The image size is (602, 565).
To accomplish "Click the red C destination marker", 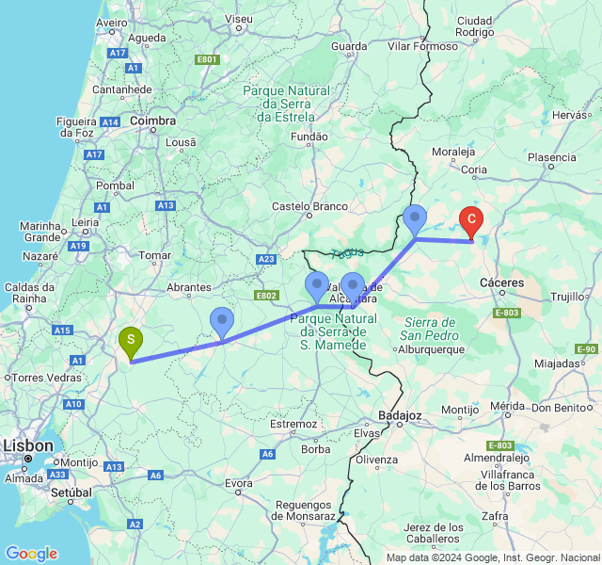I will tap(471, 221).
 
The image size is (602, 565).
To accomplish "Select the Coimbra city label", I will tap(153, 121).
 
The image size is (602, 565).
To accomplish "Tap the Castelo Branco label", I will tap(309, 206).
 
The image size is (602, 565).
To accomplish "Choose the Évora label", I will tap(239, 483).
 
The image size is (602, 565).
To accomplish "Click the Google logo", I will tap(31, 553).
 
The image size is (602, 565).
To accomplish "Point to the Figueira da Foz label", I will tap(77, 126).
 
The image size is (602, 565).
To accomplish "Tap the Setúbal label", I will tap(71, 492).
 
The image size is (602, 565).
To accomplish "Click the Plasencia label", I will tap(551, 157).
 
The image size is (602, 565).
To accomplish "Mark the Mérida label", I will tap(506, 406).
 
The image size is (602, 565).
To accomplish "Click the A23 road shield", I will tap(266, 259).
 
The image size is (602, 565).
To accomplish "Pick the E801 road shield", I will tap(207, 59).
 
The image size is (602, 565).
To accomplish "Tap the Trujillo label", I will tap(567, 297).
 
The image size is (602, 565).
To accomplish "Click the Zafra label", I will tap(520, 516).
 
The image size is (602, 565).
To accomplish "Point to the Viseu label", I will tap(240, 18).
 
